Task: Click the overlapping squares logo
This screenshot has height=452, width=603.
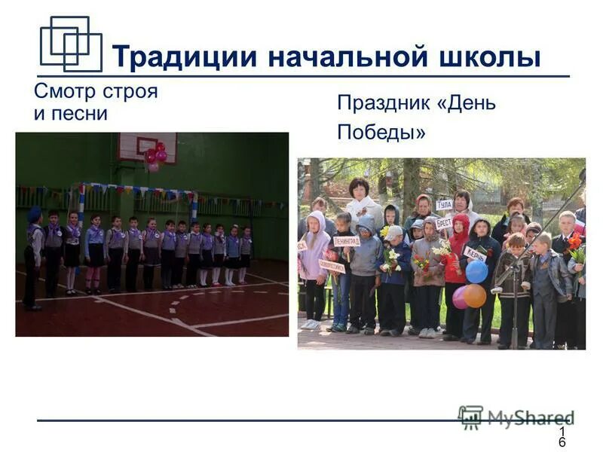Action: (x=70, y=43)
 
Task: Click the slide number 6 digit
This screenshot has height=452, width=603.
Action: (x=562, y=442)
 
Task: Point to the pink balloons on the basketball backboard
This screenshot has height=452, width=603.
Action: (x=156, y=153)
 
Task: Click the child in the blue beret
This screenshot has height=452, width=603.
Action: (x=33, y=256)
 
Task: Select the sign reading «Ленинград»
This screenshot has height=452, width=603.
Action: (x=347, y=241)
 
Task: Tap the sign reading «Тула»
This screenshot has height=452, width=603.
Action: (x=445, y=204)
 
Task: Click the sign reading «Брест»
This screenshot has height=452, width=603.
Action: (x=444, y=223)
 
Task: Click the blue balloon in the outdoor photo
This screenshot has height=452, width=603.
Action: (x=476, y=272)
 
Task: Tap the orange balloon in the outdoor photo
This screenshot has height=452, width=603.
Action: (x=475, y=295)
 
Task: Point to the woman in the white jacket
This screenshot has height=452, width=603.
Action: (x=361, y=202)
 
